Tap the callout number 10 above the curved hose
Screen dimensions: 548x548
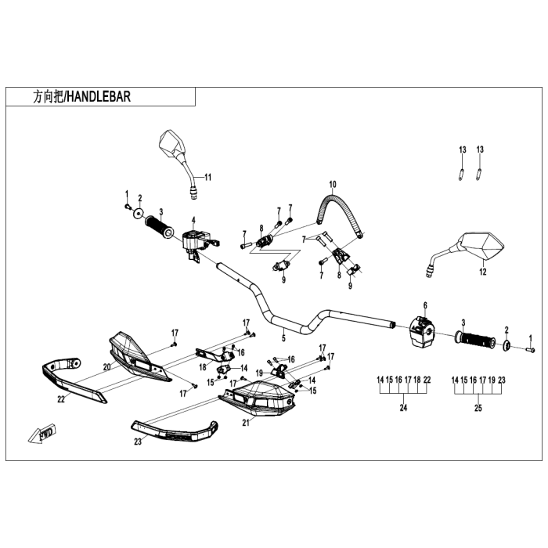pyautogui.click(x=332, y=186)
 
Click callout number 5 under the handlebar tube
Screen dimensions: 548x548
pyautogui.click(x=283, y=338)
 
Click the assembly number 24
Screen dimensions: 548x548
pyautogui.click(x=403, y=408)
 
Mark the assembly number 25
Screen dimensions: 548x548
pyautogui.click(x=478, y=408)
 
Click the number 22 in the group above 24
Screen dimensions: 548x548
pyautogui.click(x=427, y=380)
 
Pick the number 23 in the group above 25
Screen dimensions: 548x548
pyautogui.click(x=503, y=380)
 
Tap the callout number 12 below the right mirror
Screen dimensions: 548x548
pyautogui.click(x=482, y=272)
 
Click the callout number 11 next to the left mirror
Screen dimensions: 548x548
pyautogui.click(x=207, y=178)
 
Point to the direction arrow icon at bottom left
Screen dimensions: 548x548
pyautogui.click(x=42, y=431)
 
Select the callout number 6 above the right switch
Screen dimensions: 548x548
pyautogui.click(x=425, y=305)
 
